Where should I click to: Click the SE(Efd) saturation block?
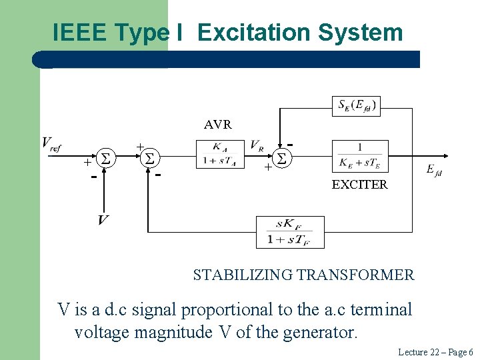coord(357,105)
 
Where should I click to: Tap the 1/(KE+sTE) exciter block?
coord(359,155)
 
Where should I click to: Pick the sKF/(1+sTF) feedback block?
coord(290,232)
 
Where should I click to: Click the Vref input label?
coord(51,143)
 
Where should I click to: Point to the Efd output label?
coord(434,171)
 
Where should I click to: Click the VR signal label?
coord(256,145)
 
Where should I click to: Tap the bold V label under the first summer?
coord(103,219)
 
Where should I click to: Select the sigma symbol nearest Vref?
coord(105,159)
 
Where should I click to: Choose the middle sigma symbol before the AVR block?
coord(150,159)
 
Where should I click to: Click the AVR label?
coord(218,125)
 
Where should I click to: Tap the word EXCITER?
coord(359,185)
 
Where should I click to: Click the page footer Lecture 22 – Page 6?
coord(435,351)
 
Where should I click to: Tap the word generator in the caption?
coord(323,331)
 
